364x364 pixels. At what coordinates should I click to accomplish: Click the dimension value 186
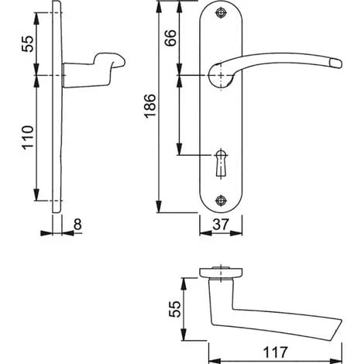pos(150,106)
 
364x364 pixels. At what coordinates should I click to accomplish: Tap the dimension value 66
pos(170,38)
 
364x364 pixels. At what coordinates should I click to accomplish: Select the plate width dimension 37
pos(221,225)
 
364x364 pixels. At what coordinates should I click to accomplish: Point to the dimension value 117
pos(275,352)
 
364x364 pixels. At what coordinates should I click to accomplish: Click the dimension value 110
pos(28,137)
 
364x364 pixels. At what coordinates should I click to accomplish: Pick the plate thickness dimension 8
pos(77,224)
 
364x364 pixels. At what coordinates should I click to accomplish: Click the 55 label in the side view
pos(27,44)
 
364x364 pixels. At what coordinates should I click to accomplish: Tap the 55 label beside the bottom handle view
pos(175,309)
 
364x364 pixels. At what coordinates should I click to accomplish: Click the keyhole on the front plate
pos(221,163)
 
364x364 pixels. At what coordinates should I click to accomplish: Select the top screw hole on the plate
pos(221,12)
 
